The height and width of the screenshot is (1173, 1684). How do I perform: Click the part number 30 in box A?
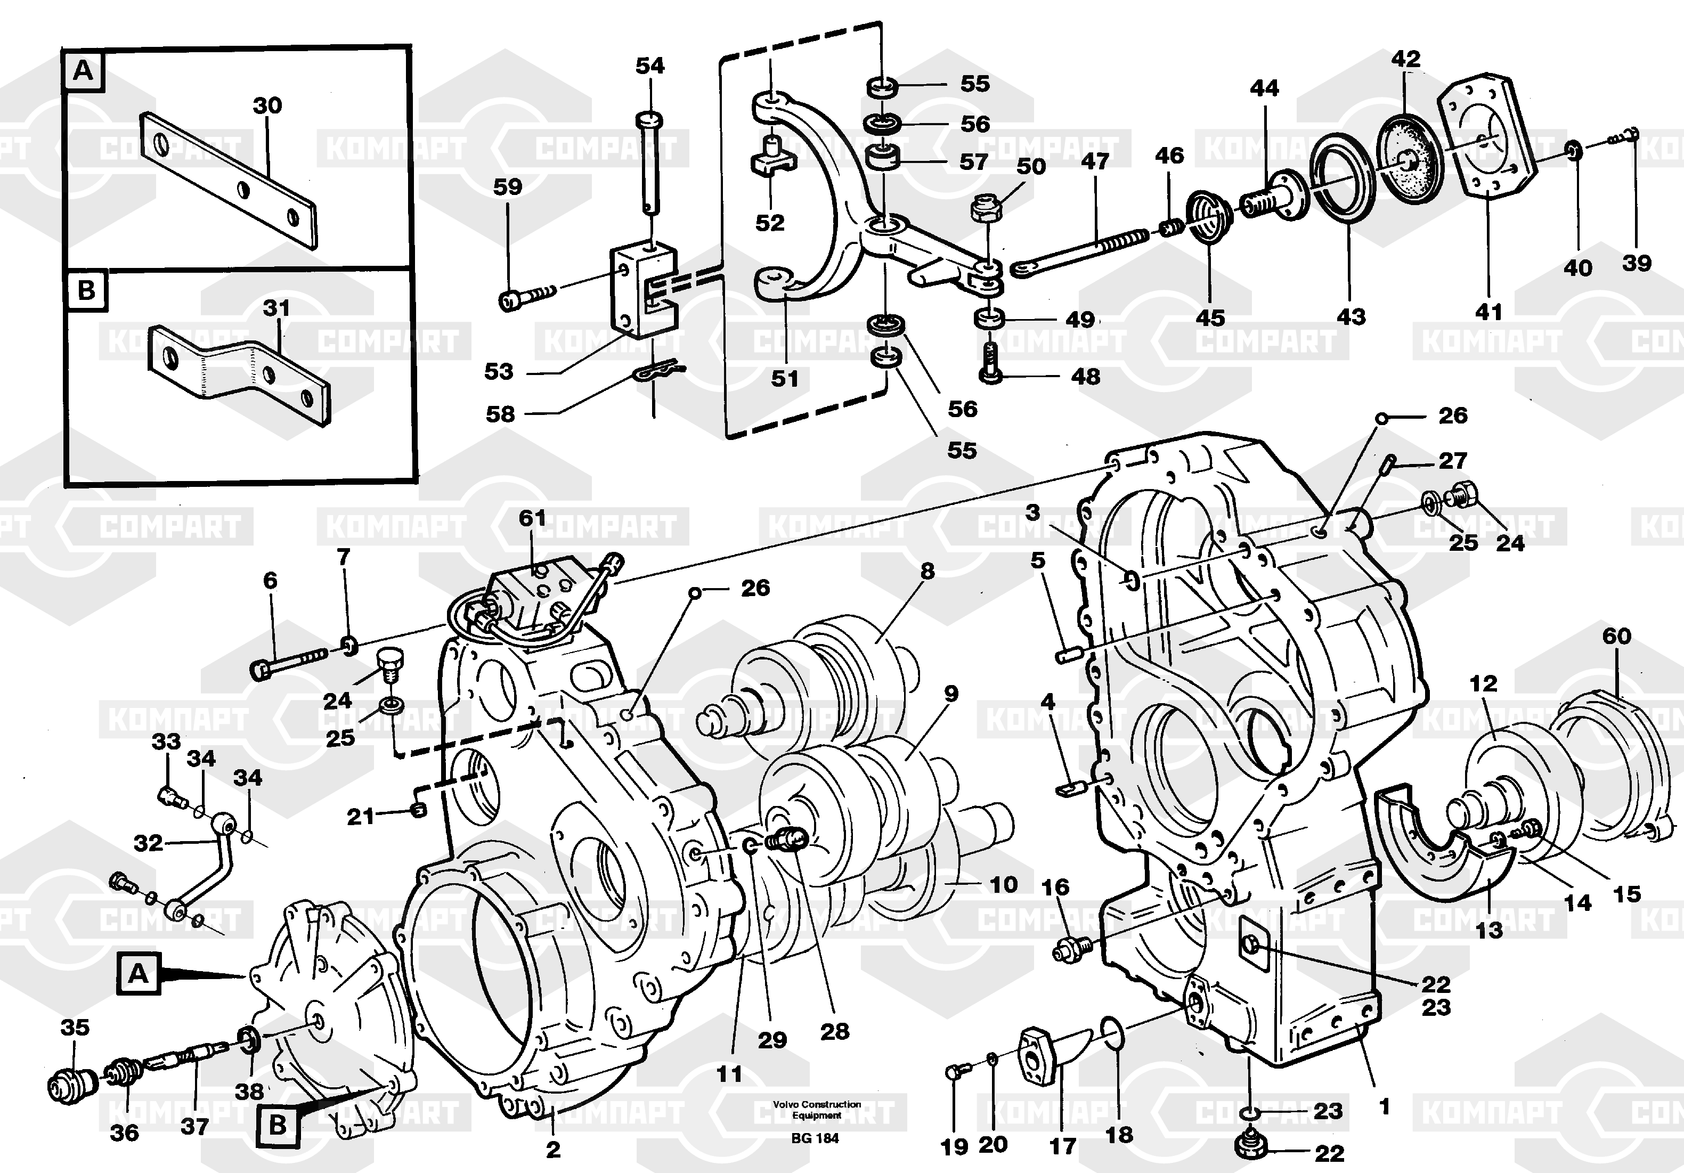coord(267,105)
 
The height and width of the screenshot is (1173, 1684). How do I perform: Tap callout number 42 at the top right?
coord(1405,59)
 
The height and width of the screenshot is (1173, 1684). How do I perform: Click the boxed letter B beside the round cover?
coord(278,1125)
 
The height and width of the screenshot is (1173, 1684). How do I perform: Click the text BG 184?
coord(815,1138)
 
